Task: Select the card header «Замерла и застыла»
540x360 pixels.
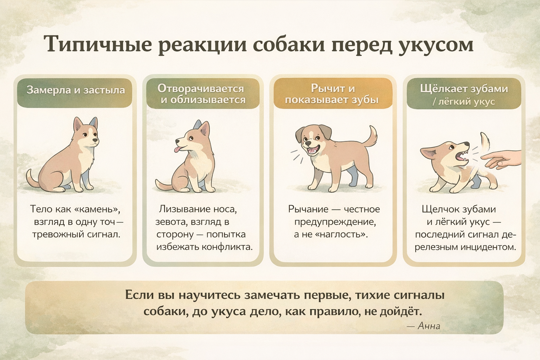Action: (76, 90)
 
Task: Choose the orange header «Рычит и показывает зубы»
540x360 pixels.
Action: (332, 94)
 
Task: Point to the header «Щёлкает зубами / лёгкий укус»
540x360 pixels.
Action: (464, 95)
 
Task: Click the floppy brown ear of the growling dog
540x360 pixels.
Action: (301, 135)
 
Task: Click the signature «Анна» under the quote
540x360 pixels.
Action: (429, 326)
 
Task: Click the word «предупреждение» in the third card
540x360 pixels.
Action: (335, 221)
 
